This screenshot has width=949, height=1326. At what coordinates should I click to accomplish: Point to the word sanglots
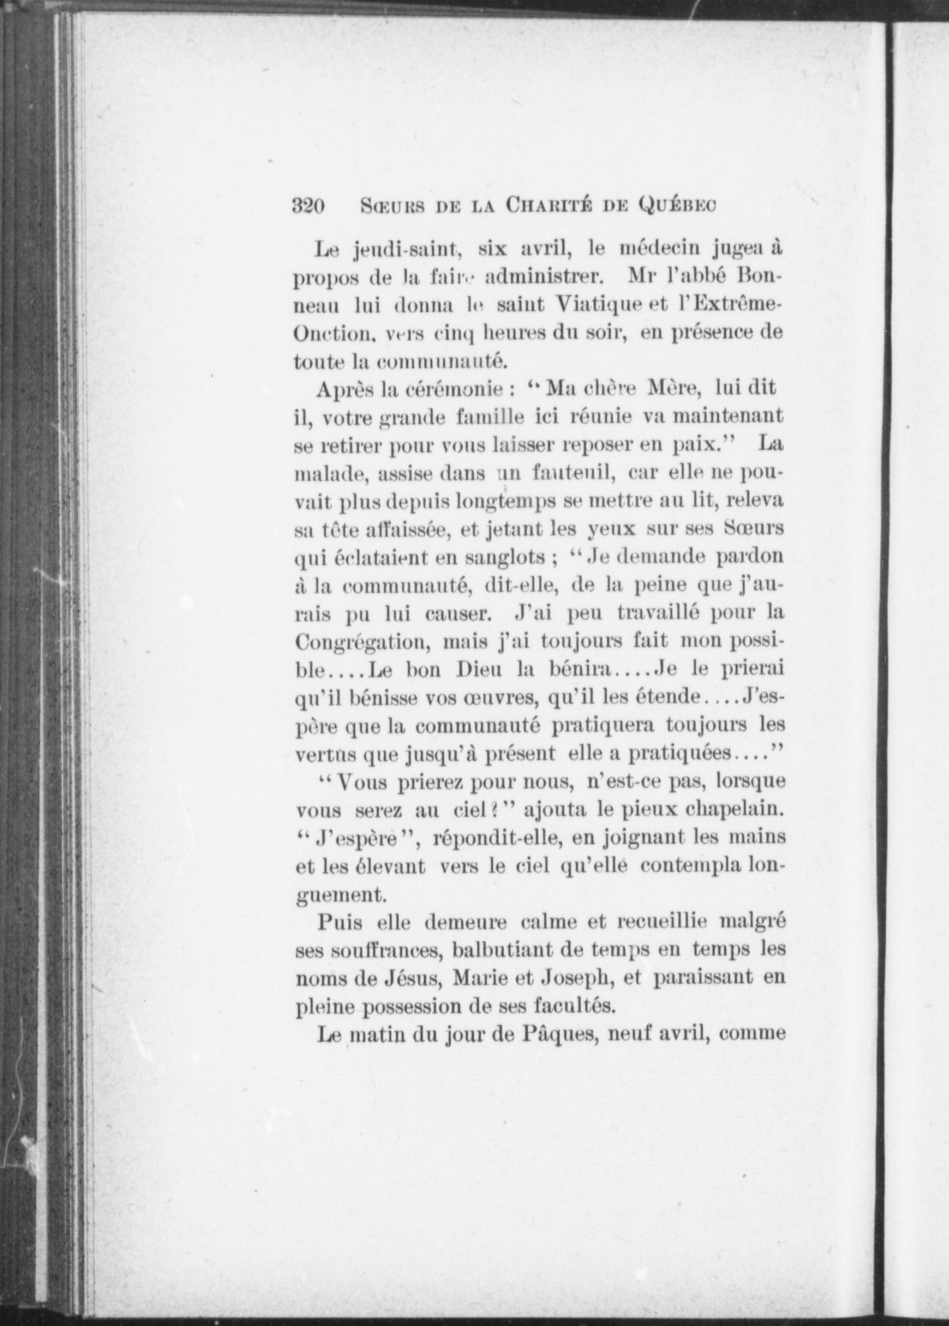pos(510,558)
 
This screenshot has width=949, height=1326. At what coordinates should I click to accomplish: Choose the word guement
pos(339,894)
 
